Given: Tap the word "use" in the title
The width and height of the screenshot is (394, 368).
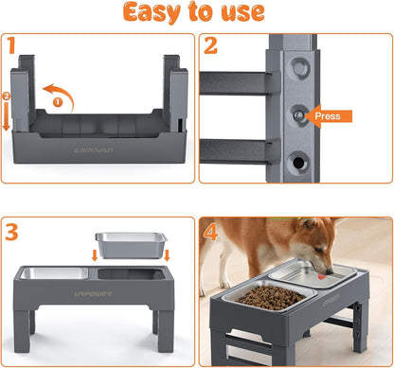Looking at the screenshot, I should pos(242,14).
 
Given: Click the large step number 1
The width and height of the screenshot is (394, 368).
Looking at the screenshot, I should pos(12,46).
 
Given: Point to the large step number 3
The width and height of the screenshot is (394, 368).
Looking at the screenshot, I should pos(12,231).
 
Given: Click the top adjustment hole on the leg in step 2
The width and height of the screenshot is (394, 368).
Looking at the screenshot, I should pos(299,68).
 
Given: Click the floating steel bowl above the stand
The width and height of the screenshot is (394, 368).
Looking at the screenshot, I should pos(130,245).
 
